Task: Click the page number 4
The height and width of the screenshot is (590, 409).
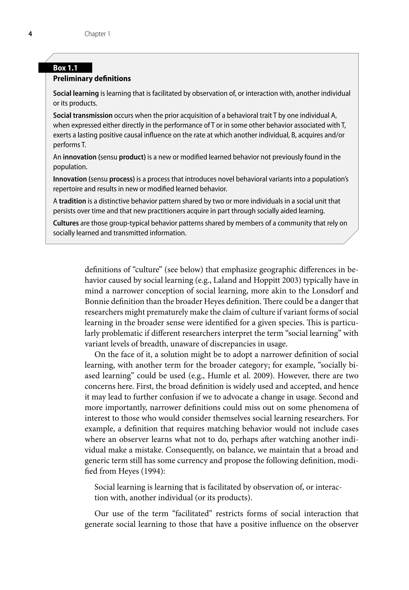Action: (x=30, y=34)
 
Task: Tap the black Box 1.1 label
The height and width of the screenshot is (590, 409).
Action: (x=65, y=68)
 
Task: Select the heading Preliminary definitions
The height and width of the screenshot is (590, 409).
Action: (x=92, y=79)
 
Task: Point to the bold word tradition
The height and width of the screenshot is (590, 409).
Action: (x=72, y=201)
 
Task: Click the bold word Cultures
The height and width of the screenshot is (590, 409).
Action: (x=66, y=223)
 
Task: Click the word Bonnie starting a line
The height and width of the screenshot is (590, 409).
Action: (x=98, y=301)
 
